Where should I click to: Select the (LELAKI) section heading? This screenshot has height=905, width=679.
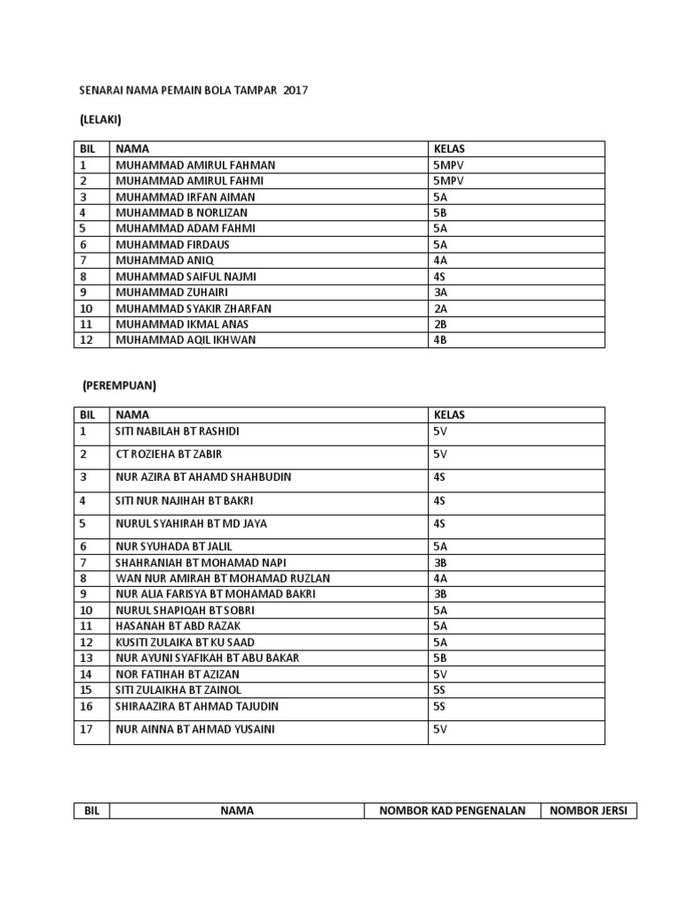[x=100, y=119]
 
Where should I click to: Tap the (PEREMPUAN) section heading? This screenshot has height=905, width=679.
[x=119, y=386]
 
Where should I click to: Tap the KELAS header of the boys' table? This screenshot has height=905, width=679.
[x=449, y=149]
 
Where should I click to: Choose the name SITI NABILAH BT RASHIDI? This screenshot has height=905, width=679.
[x=178, y=431]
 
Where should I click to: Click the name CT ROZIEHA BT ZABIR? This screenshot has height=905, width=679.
[x=169, y=454]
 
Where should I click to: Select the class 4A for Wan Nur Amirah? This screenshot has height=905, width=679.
[x=440, y=578]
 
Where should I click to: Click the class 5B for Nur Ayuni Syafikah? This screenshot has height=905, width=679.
[x=440, y=658]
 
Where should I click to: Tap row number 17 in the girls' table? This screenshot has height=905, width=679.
[x=86, y=729]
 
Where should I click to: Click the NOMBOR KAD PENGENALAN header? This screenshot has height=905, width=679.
[x=453, y=810]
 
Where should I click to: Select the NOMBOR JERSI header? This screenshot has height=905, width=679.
[x=589, y=810]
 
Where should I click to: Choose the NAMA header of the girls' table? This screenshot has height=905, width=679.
[x=133, y=414]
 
